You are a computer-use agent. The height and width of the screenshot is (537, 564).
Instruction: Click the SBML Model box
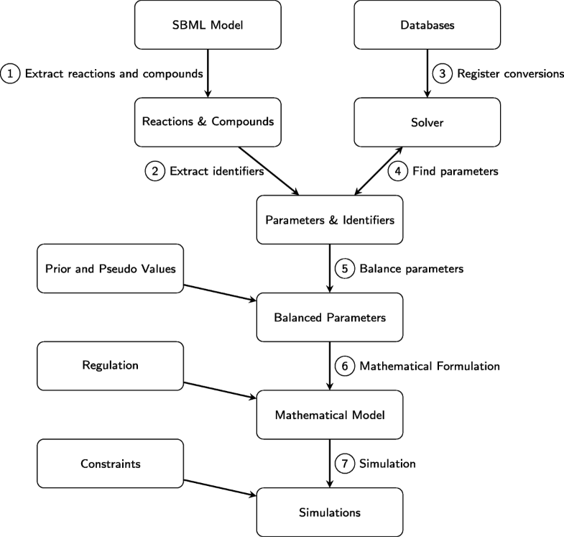click(x=207, y=24)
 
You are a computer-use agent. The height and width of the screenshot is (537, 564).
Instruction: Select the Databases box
click(x=427, y=24)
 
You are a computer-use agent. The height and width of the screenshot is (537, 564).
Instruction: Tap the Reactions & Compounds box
click(x=207, y=121)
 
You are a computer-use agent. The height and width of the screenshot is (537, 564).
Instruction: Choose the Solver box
click(x=427, y=121)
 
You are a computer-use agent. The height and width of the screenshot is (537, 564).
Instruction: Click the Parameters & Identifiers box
click(x=329, y=219)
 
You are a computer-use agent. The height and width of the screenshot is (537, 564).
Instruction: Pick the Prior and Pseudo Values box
click(x=110, y=268)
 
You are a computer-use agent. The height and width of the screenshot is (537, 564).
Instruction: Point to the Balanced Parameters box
click(x=329, y=316)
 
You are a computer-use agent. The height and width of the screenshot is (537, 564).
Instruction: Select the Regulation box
click(x=110, y=366)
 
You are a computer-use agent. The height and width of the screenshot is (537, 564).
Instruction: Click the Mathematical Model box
click(x=329, y=414)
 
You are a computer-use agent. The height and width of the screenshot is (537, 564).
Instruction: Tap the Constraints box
click(x=110, y=464)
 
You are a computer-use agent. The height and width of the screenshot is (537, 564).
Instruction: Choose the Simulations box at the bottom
click(x=329, y=512)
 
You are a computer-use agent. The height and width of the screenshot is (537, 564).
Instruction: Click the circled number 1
click(x=11, y=73)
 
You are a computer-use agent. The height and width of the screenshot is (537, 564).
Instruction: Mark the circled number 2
click(x=154, y=171)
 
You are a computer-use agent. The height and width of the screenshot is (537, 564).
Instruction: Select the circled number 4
click(x=397, y=171)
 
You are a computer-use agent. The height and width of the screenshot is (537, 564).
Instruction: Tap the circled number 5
click(x=345, y=268)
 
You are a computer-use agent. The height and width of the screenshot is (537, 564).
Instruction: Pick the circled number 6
click(x=345, y=366)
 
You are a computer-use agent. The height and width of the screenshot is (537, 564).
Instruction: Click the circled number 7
click(x=345, y=464)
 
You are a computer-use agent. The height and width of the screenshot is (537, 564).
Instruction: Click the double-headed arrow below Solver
click(x=377, y=171)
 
